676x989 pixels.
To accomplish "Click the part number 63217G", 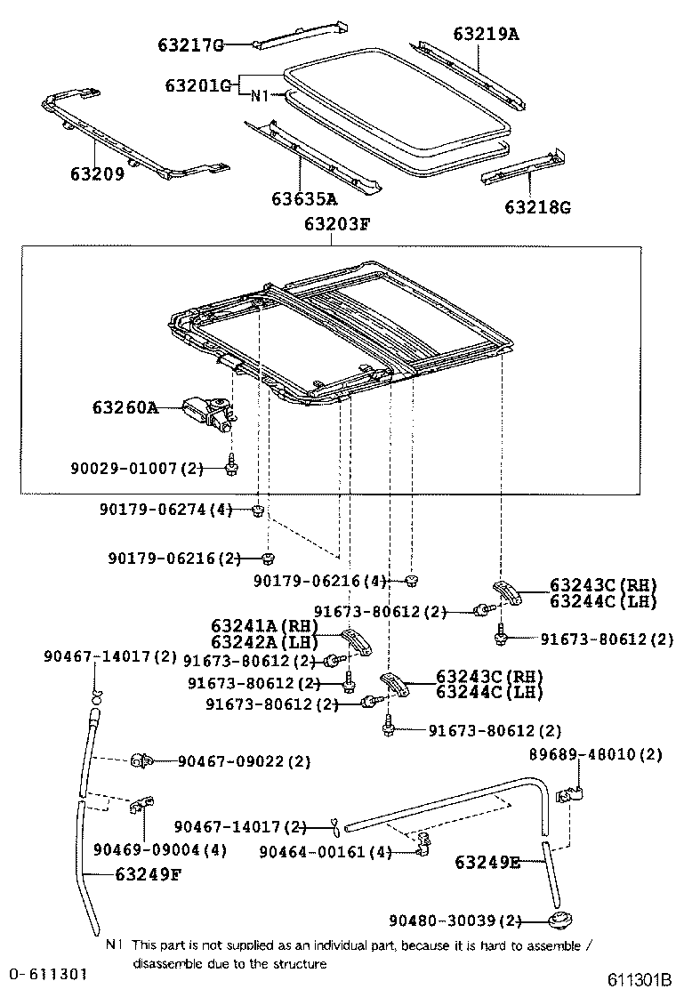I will click(x=190, y=44).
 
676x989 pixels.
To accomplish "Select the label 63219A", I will click(x=486, y=35).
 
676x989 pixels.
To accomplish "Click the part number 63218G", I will click(x=537, y=208).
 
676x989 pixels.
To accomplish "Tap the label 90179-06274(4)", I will click(x=166, y=510).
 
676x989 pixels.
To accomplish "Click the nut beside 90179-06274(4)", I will click(x=256, y=510).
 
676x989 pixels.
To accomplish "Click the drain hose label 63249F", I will click(x=148, y=873).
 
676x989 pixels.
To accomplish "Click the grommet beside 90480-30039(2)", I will click(x=560, y=920).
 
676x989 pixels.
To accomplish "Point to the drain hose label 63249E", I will click(x=487, y=861).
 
